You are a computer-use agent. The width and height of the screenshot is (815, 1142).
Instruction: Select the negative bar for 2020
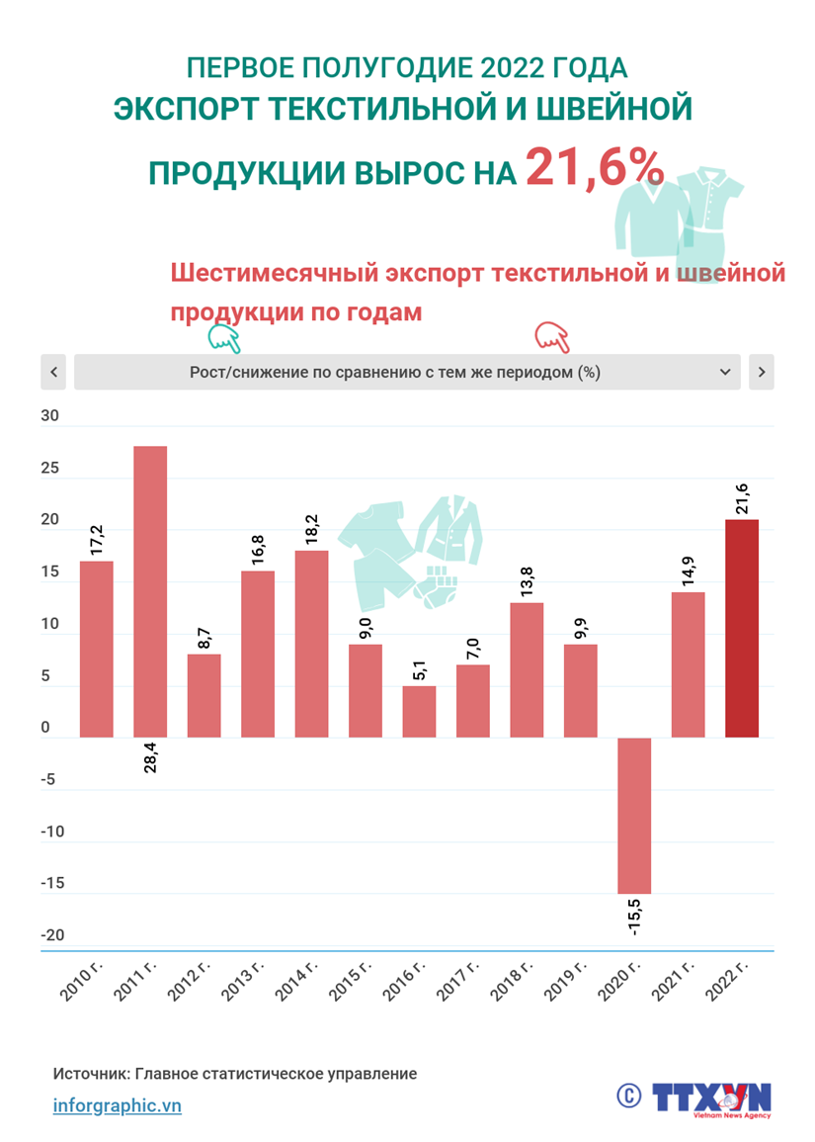click(634, 815)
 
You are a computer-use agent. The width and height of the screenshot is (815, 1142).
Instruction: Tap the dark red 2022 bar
click(742, 628)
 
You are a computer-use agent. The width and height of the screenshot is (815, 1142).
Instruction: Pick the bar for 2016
click(419, 711)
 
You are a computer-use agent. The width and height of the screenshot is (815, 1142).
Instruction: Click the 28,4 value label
click(150, 751)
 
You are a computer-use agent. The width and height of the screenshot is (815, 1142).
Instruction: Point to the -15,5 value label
click(634, 915)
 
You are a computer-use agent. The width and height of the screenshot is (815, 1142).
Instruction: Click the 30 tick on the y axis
click(49, 416)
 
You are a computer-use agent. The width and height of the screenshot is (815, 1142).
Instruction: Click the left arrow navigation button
click(53, 372)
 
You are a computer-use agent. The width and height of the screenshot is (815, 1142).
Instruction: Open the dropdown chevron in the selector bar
click(725, 372)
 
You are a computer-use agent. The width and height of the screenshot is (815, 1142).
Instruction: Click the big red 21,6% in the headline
click(594, 168)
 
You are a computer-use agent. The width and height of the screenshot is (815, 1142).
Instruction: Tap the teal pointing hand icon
click(224, 339)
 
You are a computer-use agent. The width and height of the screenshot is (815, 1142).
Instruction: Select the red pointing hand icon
click(552, 337)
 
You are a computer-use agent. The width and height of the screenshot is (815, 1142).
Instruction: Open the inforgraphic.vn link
click(117, 1105)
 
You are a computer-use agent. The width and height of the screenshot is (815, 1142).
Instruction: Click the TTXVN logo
click(711, 1098)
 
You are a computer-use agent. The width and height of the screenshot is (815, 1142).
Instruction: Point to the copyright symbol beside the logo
click(628, 1095)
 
